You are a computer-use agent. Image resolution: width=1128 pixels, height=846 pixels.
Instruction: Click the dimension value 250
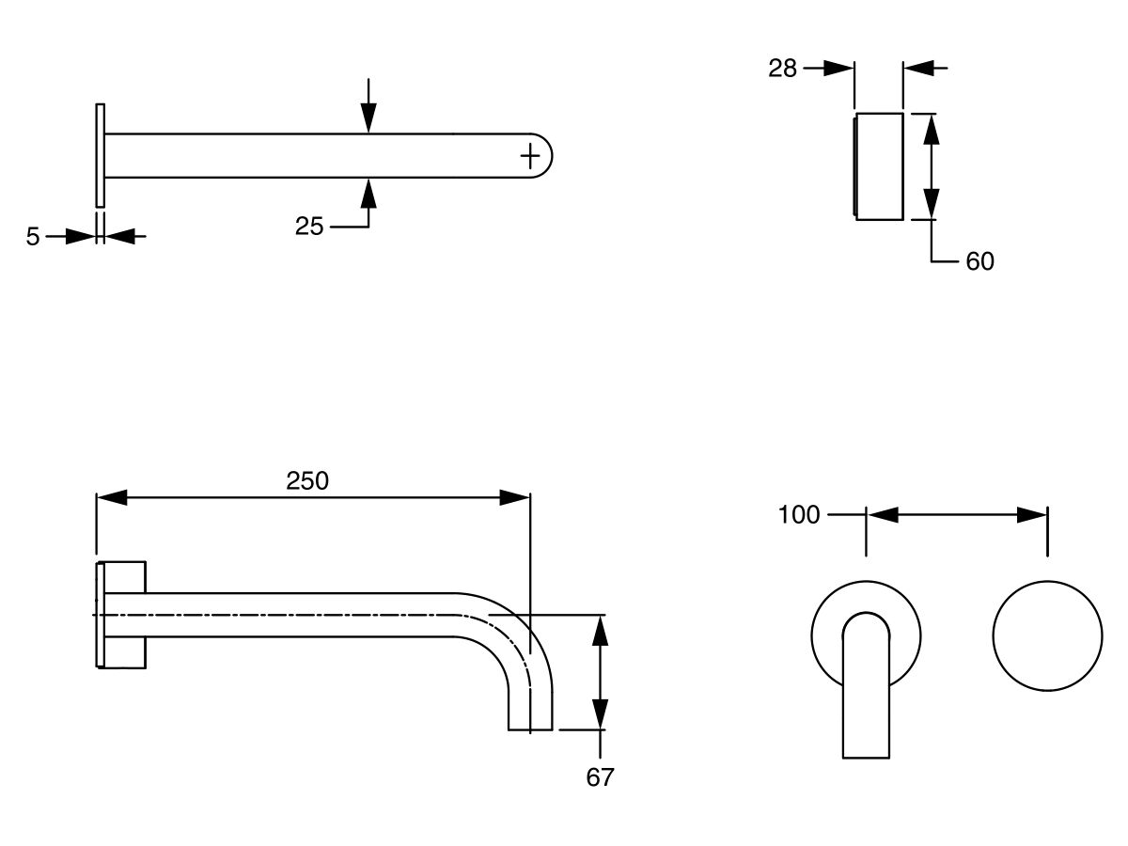[307, 481]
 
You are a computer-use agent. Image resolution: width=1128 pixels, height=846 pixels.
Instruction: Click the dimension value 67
[600, 777]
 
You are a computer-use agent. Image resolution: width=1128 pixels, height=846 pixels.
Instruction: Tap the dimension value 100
[799, 514]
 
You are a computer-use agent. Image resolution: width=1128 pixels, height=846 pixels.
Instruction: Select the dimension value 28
[782, 68]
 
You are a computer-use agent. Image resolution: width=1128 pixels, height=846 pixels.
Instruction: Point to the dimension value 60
[979, 261]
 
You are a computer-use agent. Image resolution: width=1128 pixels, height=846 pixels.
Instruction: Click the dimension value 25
[309, 227]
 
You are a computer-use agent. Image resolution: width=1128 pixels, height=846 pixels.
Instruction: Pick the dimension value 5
[33, 237]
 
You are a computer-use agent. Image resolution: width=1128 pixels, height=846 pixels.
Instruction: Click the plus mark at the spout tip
[531, 154]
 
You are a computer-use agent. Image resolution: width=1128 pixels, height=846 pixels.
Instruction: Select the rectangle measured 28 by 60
[879, 166]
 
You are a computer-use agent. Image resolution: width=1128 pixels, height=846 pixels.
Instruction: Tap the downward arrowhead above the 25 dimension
[368, 118]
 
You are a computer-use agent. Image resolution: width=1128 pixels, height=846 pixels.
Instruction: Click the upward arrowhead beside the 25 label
[368, 192]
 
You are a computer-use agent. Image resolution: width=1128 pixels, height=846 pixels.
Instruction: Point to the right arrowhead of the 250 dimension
[515, 497]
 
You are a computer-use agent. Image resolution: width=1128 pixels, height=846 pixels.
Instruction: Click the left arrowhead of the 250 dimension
[111, 497]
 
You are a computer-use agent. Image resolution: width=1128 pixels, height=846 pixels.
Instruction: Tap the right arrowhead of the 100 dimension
[1033, 514]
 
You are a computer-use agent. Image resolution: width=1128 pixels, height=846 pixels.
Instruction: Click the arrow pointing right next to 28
[839, 68]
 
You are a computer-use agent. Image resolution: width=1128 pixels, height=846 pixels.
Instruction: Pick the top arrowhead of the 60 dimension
[931, 128]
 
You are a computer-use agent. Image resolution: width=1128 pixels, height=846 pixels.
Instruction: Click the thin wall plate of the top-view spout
[100, 155]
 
